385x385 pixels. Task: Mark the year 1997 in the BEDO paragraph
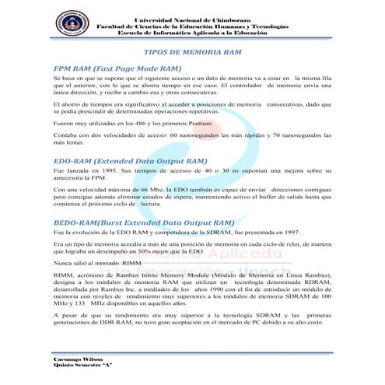pos(287,233)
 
